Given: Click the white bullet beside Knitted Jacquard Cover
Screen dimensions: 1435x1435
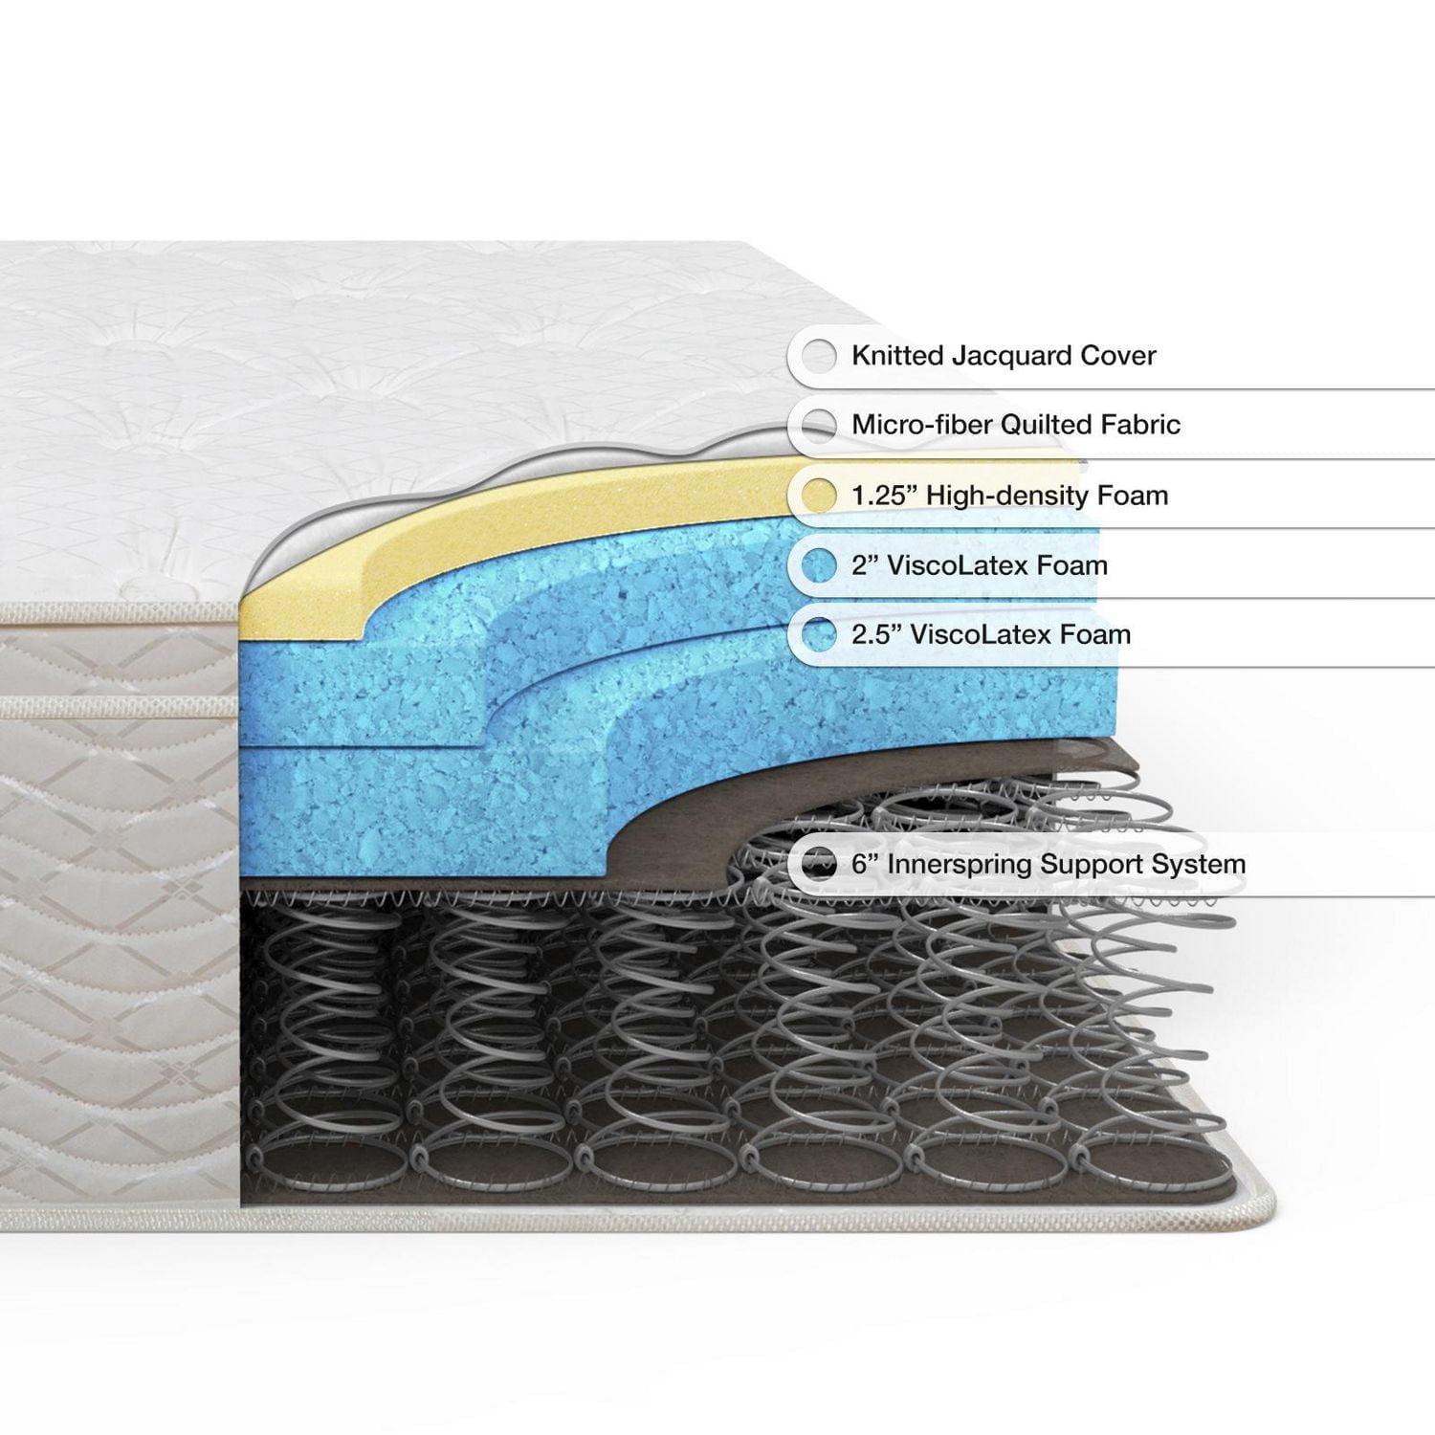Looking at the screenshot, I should tap(819, 356).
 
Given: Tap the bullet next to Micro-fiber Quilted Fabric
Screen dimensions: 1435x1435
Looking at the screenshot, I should tap(819, 425).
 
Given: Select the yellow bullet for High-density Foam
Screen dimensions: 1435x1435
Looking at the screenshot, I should tap(819, 496).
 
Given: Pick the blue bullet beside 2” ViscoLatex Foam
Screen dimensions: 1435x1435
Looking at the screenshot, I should tap(819, 565).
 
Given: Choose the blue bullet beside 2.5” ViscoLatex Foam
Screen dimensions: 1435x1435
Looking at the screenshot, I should tap(819, 634).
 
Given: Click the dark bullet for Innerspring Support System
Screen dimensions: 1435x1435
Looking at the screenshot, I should tap(819, 865).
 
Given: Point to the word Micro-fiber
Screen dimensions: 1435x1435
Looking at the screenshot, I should tap(916, 425).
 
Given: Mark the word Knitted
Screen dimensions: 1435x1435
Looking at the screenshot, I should tap(895, 356).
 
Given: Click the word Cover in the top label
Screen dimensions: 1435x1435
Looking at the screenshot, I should tap(1118, 356).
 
